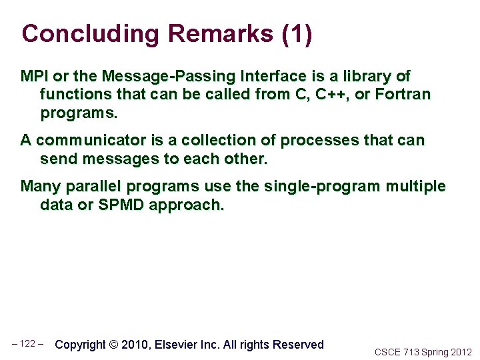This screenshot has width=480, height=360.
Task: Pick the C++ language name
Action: pos(332,95)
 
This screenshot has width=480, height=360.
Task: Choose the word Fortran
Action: pos(403,95)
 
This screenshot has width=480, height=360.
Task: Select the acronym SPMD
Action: pos(121,205)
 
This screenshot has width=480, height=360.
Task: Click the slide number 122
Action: pos(28,344)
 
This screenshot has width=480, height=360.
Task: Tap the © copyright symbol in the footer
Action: pos(113,345)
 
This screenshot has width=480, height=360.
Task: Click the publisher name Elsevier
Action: pos(177,345)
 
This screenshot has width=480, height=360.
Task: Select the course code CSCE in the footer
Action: pos(387,352)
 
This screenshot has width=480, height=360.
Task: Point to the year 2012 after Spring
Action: pos(461,352)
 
